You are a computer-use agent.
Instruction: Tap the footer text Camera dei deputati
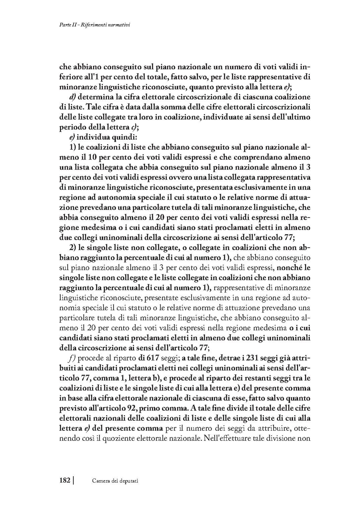tap(115, 481)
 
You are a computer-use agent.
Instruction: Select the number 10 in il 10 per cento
tap(98, 157)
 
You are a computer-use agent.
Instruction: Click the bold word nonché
tap(290, 268)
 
